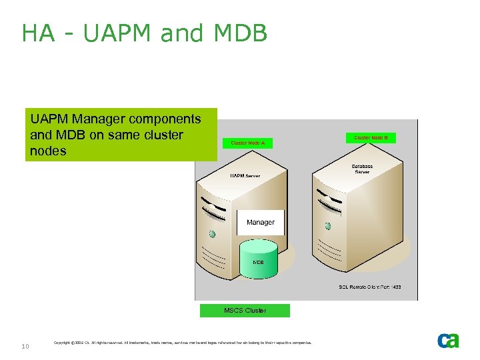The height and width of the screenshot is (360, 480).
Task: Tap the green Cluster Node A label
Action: coord(247,143)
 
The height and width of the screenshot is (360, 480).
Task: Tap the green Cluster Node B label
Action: coord(371,138)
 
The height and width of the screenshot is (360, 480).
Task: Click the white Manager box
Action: coord(260,222)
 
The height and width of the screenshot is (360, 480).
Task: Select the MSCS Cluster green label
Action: coord(245,310)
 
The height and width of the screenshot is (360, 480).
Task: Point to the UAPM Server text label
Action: coord(245,176)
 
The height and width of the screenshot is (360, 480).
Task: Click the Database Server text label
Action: coord(362,169)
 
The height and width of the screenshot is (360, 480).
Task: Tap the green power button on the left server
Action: coord(212,234)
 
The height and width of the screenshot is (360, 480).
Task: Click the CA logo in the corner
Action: coord(448,341)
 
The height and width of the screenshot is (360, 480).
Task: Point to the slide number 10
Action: coord(25,346)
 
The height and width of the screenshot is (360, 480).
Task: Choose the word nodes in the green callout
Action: coord(48,151)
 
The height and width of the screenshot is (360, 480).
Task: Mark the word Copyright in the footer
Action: coord(63,343)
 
